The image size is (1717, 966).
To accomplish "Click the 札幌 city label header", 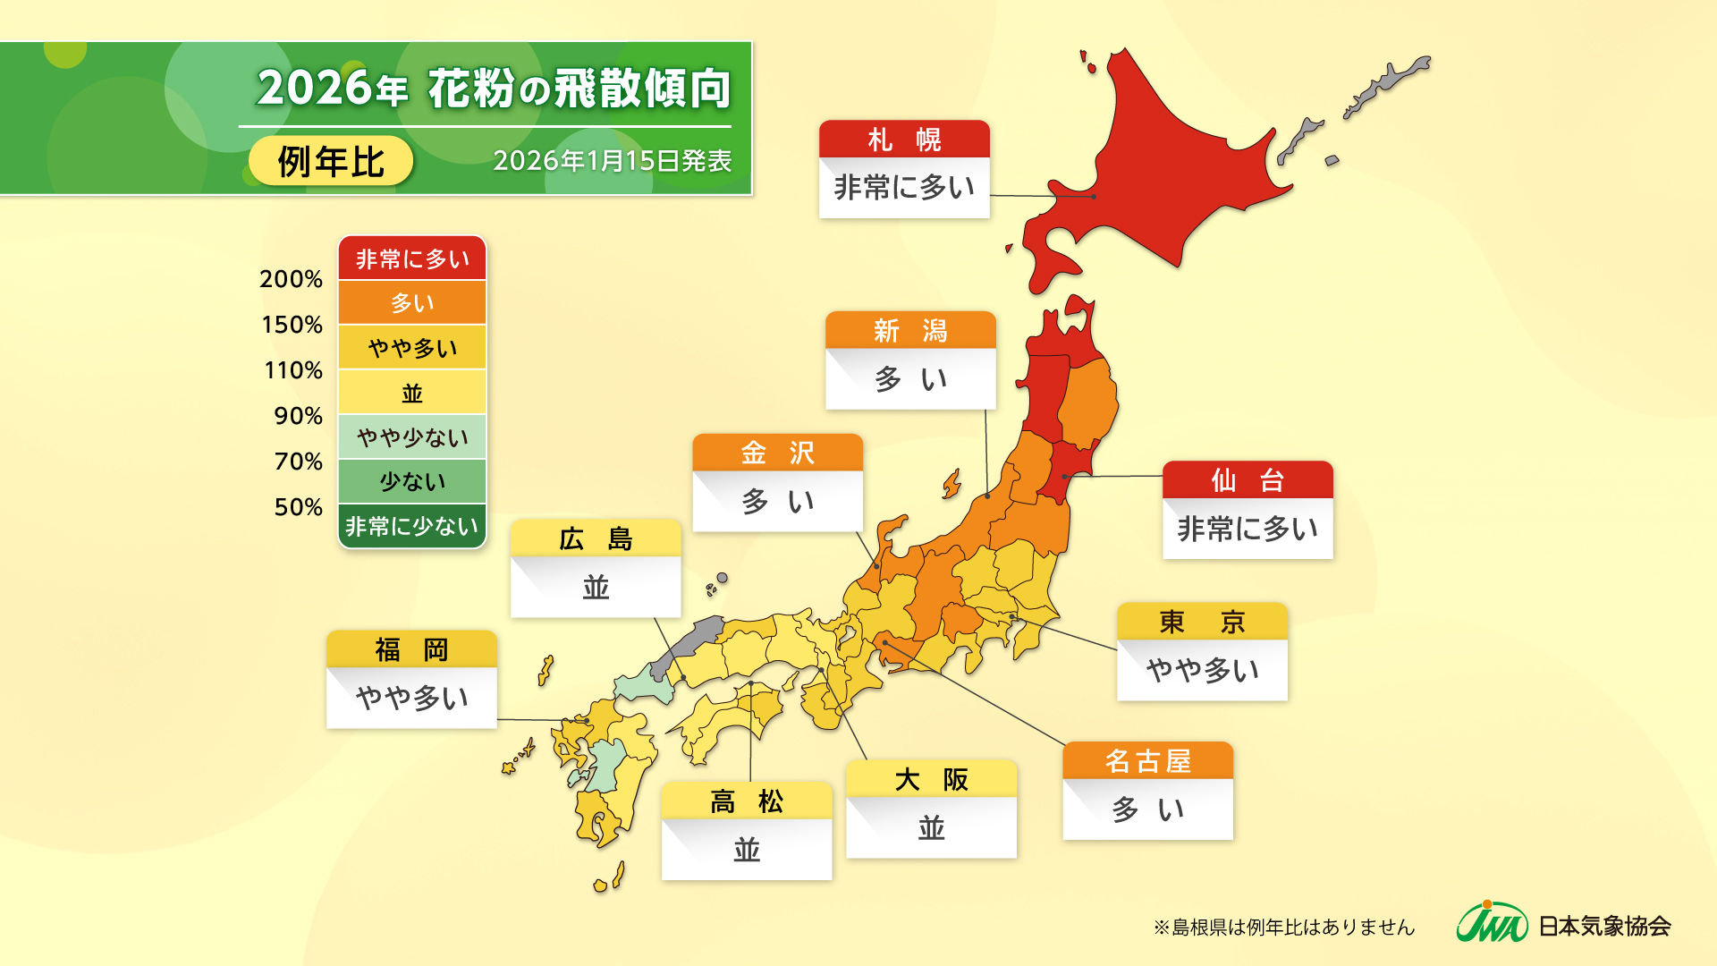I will (904, 140).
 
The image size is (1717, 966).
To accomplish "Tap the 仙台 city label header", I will (1248, 480).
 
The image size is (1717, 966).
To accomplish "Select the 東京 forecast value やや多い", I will (1202, 670).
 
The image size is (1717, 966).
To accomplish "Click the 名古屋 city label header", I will (1147, 761).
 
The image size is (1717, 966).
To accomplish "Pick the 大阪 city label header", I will (931, 779).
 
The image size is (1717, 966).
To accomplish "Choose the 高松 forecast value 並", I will (747, 849).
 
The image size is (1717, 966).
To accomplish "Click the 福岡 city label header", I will (411, 649).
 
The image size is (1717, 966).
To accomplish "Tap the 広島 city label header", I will (596, 538).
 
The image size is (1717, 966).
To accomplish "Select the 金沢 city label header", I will (777, 453).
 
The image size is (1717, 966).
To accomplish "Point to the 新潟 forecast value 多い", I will (910, 379).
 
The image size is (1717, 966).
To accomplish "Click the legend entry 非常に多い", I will (412, 259).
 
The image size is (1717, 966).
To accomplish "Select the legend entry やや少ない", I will (412, 437).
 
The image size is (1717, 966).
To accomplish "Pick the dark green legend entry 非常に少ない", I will (412, 527).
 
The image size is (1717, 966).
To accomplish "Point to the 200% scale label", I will (291, 279).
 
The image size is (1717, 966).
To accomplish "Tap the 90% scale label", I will (298, 416).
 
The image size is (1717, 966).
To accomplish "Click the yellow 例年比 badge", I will (331, 162).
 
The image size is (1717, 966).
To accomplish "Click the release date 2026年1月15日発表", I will (612, 161).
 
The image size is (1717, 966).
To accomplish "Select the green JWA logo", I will (1492, 924).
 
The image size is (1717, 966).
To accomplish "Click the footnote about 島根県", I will (1283, 928).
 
